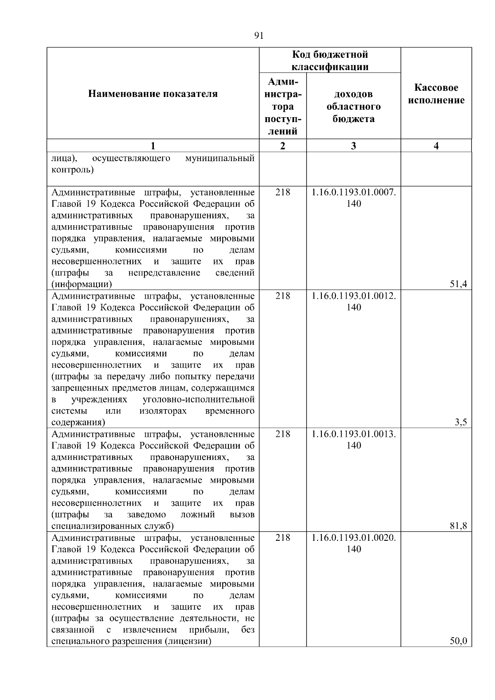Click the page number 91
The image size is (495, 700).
coord(259,36)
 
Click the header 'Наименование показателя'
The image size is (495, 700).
coord(153,94)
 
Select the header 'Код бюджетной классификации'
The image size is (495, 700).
coord(330,61)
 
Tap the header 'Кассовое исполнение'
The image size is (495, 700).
coord(436,94)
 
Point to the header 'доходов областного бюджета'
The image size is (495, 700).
coord(354,106)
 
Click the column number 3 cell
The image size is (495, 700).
coord(354,146)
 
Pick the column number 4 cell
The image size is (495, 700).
coord(436,146)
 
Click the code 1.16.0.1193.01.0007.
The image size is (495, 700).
coord(354,192)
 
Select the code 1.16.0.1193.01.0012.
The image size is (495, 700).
coord(354,296)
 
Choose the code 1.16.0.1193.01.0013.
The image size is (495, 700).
coord(354,434)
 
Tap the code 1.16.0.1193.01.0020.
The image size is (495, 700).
coord(354,537)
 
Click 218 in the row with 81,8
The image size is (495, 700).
coord(283,434)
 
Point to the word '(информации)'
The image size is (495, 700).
coord(82,284)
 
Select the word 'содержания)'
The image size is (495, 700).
coord(78,422)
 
